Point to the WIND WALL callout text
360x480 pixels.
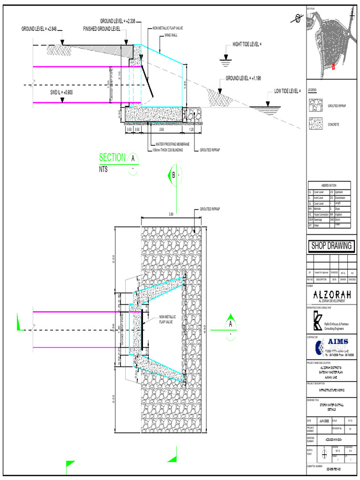point(171,35)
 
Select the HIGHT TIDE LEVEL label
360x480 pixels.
point(247,45)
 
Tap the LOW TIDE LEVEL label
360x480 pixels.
point(287,91)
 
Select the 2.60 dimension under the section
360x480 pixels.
point(161,129)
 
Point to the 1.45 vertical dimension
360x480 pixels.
point(186,85)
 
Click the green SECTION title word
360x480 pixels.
point(112,157)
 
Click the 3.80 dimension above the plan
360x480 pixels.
point(171,214)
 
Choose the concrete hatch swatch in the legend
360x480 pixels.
point(316,124)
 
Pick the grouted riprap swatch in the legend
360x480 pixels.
point(316,105)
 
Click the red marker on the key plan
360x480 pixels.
point(333,67)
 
